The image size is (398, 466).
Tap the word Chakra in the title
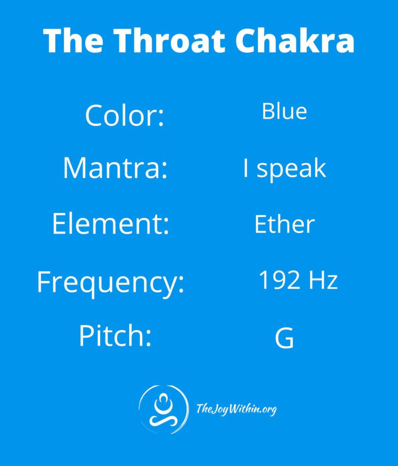coord(295,41)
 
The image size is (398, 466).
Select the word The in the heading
coord(73,41)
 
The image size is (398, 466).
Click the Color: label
coord(124,115)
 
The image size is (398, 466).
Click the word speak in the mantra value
coord(291,169)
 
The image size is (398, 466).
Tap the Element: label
coord(111,224)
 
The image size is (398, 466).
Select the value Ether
coord(284,224)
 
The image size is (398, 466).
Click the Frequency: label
coord(111,283)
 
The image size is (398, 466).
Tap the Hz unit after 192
coord(323,280)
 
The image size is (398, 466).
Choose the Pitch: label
coord(115,335)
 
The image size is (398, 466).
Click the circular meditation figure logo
coord(163,409)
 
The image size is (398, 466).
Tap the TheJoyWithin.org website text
coord(236,409)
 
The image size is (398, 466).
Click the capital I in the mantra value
coord(245,167)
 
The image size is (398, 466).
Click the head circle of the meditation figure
coord(163,398)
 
